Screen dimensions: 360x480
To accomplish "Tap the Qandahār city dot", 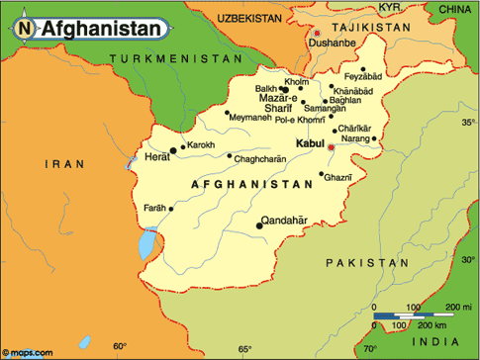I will pyautogui.click(x=260, y=225).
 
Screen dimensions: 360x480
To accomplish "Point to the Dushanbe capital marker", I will pyautogui.click(x=317, y=34).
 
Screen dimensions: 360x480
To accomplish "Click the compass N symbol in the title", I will pyautogui.click(x=25, y=29).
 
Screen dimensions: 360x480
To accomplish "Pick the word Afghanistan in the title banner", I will pyautogui.click(x=100, y=29).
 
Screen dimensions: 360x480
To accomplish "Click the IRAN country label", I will pyautogui.click(x=68, y=162).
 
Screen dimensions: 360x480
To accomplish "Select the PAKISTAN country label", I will pyautogui.click(x=365, y=262).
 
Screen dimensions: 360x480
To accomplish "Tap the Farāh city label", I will pyautogui.click(x=154, y=209).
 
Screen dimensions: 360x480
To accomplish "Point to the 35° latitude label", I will pyautogui.click(x=468, y=123).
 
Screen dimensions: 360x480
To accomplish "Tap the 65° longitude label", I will pyautogui.click(x=244, y=348).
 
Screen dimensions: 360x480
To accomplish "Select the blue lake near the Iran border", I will pyautogui.click(x=147, y=240).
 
